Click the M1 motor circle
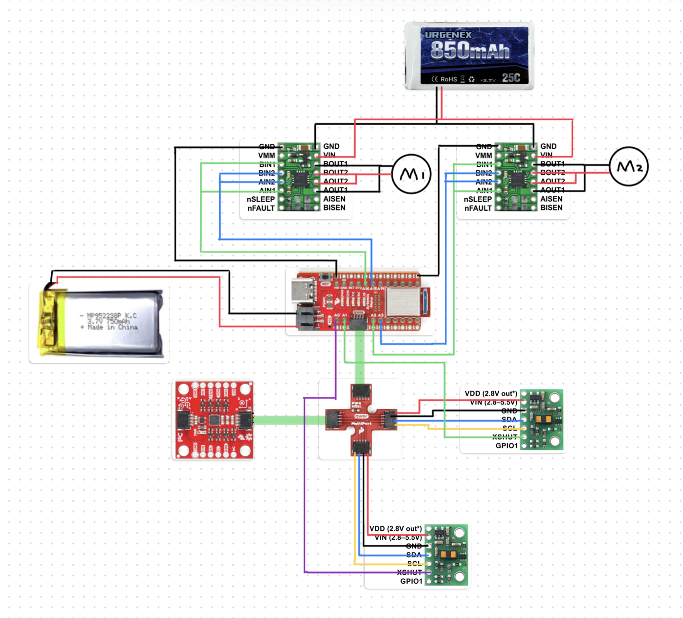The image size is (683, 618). point(411,174)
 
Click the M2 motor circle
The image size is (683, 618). point(629,166)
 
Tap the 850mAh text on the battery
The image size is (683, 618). point(470,50)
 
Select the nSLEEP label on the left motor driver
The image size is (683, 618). point(261,199)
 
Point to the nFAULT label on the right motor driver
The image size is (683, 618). point(478,208)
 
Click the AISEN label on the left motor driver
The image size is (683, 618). point(334,199)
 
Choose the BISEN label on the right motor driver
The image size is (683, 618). point(551,208)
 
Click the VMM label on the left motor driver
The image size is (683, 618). point(266,156)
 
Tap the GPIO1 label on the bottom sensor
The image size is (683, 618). point(411,581)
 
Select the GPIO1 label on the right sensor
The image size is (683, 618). point(507,446)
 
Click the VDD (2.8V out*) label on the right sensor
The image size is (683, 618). point(491,393)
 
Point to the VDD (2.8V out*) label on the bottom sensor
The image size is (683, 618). point(396,528)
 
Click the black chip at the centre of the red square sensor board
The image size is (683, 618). point(214,419)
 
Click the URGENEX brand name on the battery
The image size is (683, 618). point(448,35)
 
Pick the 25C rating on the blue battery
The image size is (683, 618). point(511,78)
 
